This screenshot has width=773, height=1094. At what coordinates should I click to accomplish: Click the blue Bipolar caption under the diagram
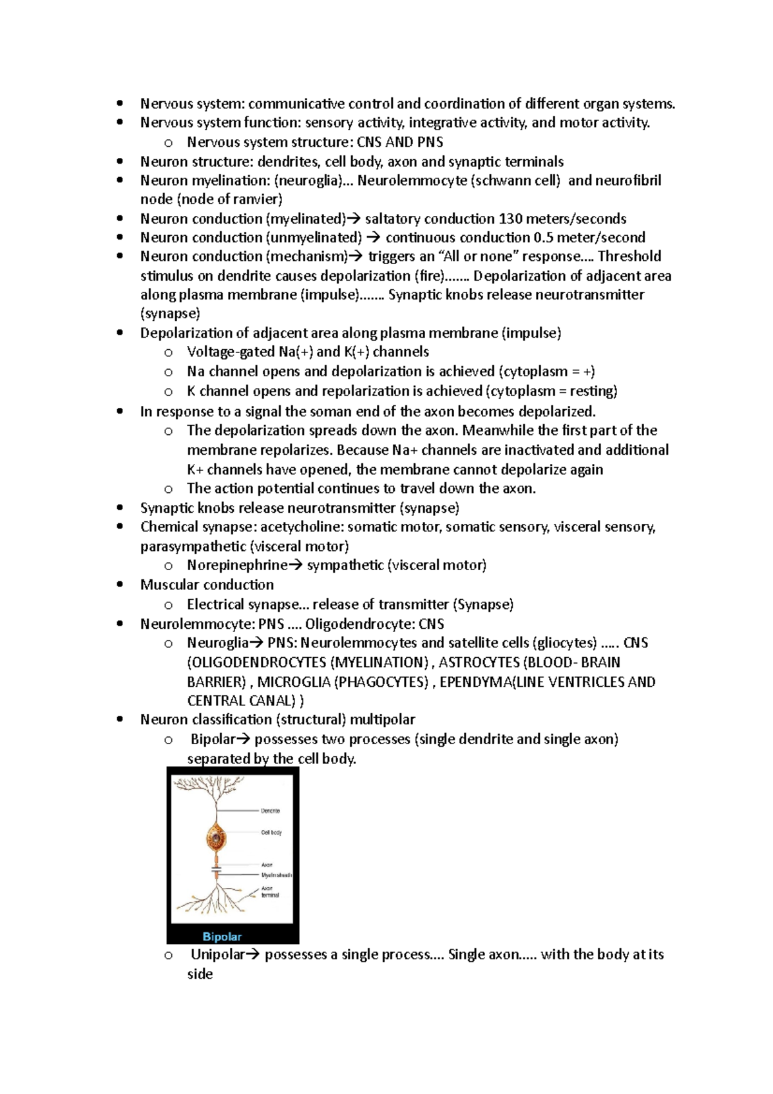(x=222, y=936)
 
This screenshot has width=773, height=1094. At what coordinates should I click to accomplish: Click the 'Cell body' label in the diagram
(x=271, y=832)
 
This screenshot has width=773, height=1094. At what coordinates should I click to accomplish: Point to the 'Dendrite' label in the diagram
(x=271, y=811)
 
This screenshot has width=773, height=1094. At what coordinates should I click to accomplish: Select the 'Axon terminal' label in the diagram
(x=269, y=892)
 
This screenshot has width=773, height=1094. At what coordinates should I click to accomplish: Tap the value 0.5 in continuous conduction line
(x=543, y=237)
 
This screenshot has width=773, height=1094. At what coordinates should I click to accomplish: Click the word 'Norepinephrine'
(x=237, y=565)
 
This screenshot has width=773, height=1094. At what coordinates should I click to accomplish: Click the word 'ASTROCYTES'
(x=479, y=662)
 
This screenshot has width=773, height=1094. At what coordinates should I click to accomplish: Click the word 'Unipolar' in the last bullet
(x=217, y=954)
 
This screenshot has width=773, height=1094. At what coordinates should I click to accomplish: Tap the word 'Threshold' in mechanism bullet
(x=629, y=256)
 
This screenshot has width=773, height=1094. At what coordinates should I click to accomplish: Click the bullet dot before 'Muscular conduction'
(x=120, y=585)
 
